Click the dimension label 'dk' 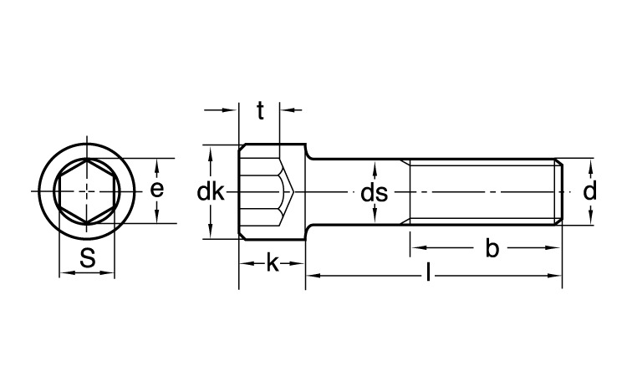211,192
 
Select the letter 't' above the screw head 260,110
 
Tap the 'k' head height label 273,264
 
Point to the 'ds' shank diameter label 375,193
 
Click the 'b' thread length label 492,248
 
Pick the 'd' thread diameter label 590,191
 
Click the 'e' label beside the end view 157,190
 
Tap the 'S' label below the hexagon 88,257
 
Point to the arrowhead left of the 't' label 231,109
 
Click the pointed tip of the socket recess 293,192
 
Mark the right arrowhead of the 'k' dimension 298,263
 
